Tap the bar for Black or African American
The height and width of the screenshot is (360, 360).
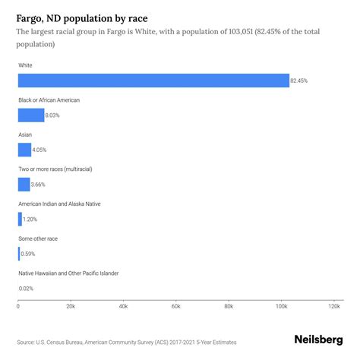coord(31,115)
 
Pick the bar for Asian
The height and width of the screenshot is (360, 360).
coord(24,150)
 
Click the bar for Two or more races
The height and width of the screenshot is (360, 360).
coord(24,184)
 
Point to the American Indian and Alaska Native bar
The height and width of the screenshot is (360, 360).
coord(20,219)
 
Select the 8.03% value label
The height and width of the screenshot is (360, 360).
coord(52,115)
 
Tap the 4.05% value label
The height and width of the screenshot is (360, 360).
coord(39,150)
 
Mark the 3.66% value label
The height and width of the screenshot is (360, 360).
coord(38,184)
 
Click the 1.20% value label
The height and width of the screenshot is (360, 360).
coord(30,219)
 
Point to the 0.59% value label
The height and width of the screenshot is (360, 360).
coord(27,254)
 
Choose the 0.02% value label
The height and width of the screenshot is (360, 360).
coord(26,288)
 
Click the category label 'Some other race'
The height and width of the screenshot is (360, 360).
coord(38,238)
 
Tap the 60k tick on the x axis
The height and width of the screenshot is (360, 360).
coord(175,307)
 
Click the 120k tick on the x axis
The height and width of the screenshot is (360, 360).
coord(333,307)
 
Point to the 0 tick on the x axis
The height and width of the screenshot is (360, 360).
coord(18,307)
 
